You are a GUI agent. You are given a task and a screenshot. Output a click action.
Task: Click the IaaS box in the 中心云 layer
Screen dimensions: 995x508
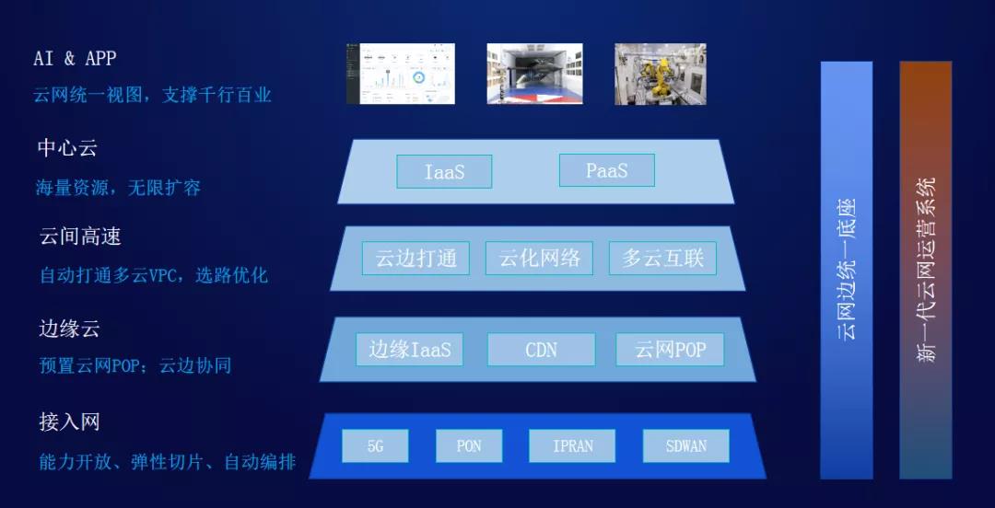[x=444, y=171]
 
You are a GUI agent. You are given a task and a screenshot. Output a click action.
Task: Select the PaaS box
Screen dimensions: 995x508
[x=606, y=170]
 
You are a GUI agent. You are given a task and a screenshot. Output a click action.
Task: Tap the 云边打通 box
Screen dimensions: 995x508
[x=416, y=258]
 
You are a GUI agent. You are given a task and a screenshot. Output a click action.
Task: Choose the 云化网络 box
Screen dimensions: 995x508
[x=539, y=258]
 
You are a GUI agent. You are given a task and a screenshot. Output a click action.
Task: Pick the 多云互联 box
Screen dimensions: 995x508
[x=662, y=258]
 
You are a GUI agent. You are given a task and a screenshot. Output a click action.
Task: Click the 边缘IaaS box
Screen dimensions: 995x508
[x=409, y=350]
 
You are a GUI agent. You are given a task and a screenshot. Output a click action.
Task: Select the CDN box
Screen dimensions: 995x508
[x=542, y=350]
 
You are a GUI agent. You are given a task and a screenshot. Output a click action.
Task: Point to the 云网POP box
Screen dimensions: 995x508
[x=670, y=350]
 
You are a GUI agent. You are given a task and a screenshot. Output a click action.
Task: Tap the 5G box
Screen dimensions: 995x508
[x=375, y=445]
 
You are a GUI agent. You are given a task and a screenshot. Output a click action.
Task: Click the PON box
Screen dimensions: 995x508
[x=469, y=445]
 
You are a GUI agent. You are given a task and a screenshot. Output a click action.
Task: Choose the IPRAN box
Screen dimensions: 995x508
[x=572, y=445]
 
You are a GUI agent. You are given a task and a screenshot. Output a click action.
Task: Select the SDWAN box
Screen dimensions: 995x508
[x=686, y=445]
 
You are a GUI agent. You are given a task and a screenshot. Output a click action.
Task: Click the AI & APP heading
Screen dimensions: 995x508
[x=75, y=58]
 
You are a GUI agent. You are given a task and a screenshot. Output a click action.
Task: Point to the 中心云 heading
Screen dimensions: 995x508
[x=67, y=148]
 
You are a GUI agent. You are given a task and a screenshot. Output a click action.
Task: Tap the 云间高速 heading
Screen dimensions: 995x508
[x=80, y=237]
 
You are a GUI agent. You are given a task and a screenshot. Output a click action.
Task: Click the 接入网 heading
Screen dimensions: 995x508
[x=70, y=421]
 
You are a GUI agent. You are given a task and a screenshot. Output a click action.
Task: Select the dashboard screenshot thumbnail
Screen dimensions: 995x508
[x=401, y=74]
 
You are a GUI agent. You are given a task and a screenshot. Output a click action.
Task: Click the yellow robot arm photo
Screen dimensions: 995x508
[x=661, y=74]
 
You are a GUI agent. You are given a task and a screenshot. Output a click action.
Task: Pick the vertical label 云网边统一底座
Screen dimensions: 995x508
[x=847, y=270]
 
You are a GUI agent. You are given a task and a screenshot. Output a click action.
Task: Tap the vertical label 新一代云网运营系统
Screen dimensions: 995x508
[x=927, y=270]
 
